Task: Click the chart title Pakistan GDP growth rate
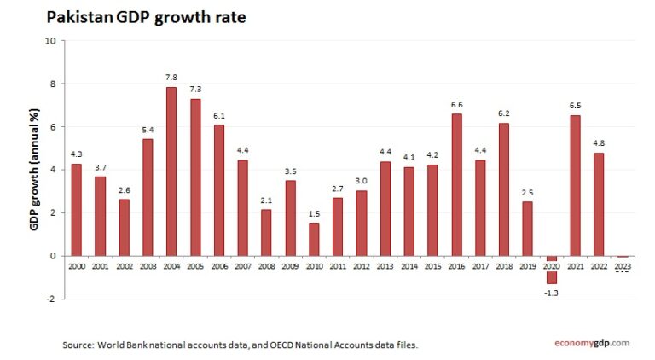pos(145,16)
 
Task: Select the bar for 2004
pos(171,171)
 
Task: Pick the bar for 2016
pos(456,184)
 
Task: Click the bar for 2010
pos(314,239)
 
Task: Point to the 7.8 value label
pos(171,78)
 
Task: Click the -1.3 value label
pos(552,293)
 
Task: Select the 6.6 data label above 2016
pos(456,104)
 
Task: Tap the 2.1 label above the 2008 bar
pos(266,200)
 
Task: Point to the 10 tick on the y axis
pos(50,41)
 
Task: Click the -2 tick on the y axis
pos(50,299)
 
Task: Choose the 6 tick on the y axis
pos(52,127)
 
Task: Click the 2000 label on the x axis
pos(77,267)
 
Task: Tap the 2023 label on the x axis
pos(623,267)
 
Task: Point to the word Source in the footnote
pos(79,345)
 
